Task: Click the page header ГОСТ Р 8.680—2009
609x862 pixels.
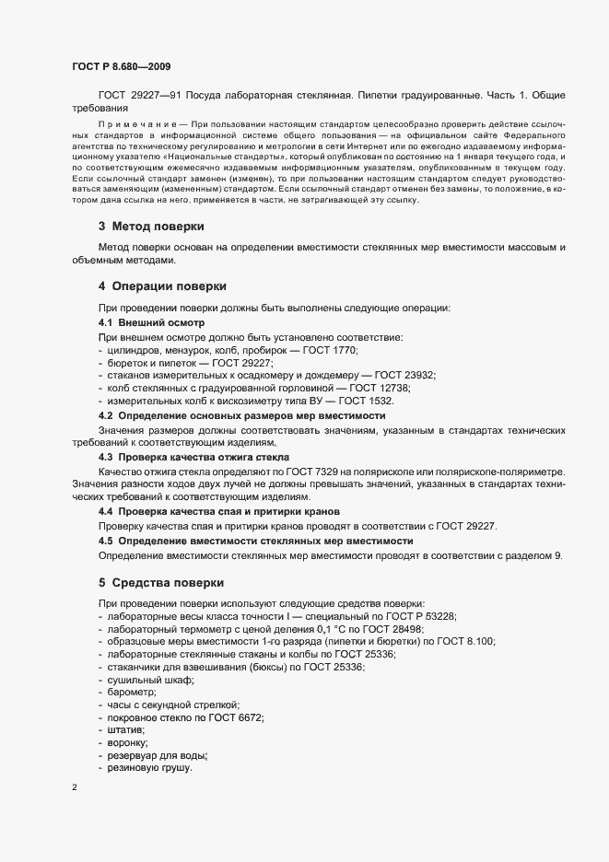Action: pyautogui.click(x=121, y=67)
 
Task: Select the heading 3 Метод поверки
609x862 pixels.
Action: pyautogui.click(x=151, y=227)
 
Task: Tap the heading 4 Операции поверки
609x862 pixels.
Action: pyautogui.click(x=161, y=286)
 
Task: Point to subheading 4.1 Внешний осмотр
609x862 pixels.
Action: pyautogui.click(x=151, y=323)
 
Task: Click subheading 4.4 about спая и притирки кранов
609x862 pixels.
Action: pyautogui.click(x=219, y=510)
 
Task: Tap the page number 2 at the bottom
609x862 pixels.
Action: pyautogui.click(x=74, y=787)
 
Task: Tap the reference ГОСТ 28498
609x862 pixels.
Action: pyautogui.click(x=365, y=627)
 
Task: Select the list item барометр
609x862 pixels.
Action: pyautogui.click(x=131, y=692)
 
